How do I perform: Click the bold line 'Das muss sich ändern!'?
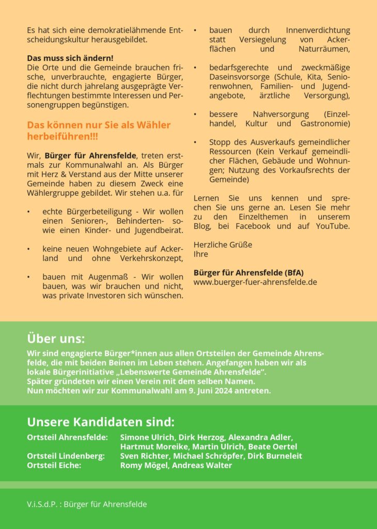[70, 58]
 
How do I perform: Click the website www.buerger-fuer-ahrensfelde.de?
[255, 282]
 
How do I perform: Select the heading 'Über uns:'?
[56, 339]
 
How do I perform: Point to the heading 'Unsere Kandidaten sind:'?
[101, 422]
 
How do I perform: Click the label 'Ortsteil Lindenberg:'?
[66, 456]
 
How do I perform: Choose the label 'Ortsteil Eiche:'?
[54, 465]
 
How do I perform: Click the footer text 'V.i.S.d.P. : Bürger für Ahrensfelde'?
[87, 504]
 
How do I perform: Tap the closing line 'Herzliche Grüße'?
[223, 244]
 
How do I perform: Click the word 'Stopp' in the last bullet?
[220, 142]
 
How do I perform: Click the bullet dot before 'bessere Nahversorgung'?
[195, 114]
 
